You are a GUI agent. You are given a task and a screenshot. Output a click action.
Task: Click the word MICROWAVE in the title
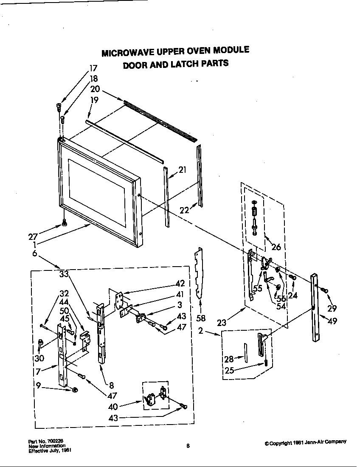[127, 53]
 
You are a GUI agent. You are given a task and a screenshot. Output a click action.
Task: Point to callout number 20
[95, 89]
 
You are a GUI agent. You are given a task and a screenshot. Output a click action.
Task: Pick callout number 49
[332, 321]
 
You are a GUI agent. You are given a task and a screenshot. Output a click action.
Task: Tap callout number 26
[276, 247]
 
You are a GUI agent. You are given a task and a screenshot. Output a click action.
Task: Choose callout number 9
[38, 386]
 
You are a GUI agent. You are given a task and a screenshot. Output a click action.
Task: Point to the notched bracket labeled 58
[199, 274]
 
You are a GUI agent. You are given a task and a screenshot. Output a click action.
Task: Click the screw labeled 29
[325, 290]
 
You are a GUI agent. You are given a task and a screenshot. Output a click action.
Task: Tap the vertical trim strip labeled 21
[167, 197]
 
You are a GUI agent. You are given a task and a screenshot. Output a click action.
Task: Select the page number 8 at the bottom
[188, 446]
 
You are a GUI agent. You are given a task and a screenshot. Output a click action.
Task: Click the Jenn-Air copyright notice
[305, 442]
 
